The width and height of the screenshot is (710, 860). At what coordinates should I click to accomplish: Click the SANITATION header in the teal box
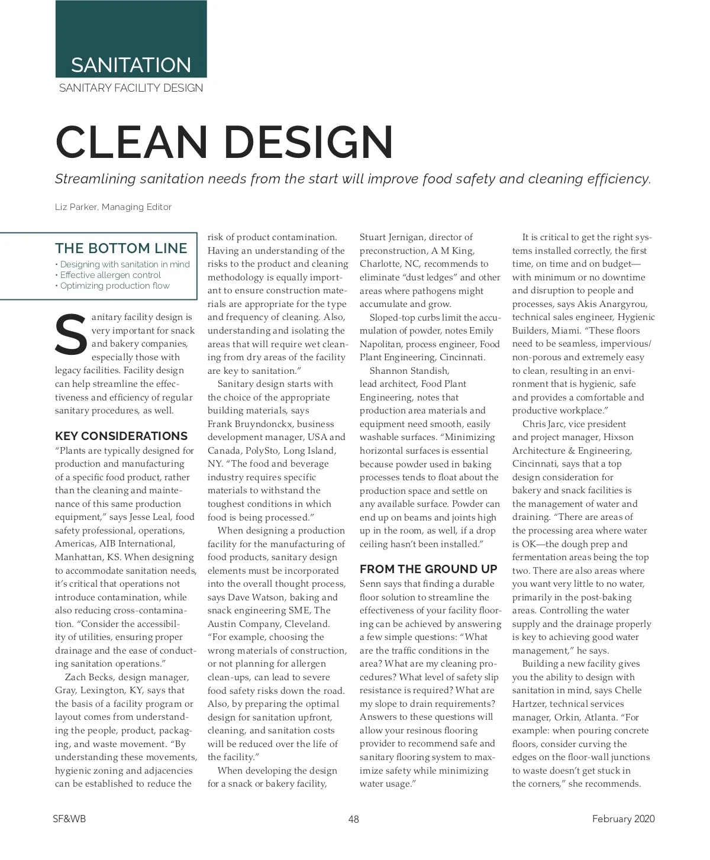coord(131,64)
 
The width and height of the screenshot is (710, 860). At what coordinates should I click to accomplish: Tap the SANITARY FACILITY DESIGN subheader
coord(131,88)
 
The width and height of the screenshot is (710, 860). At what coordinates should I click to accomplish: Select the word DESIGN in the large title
coord(308,142)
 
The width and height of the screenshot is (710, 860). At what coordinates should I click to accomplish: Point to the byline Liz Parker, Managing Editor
coord(113,207)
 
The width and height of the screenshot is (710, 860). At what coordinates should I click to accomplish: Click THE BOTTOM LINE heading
coord(121,248)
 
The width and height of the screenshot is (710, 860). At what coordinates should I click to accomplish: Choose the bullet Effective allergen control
coord(111,275)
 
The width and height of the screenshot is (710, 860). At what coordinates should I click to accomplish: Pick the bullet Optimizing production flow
coord(115,286)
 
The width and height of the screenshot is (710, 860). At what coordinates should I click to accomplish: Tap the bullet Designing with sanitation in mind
coord(125,264)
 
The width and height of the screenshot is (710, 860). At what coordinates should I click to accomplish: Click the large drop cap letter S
coord(70,336)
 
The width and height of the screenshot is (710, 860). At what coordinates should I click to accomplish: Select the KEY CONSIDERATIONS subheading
coord(121,437)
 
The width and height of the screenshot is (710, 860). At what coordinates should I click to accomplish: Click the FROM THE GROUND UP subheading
coord(428,570)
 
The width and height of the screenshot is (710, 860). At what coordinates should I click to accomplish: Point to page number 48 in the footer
coord(354,819)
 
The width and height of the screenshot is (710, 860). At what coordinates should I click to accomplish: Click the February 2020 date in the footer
coord(624,819)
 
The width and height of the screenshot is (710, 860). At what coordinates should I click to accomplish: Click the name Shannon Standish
coord(409,371)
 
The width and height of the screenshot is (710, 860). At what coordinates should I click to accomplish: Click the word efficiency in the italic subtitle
coord(621,179)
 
